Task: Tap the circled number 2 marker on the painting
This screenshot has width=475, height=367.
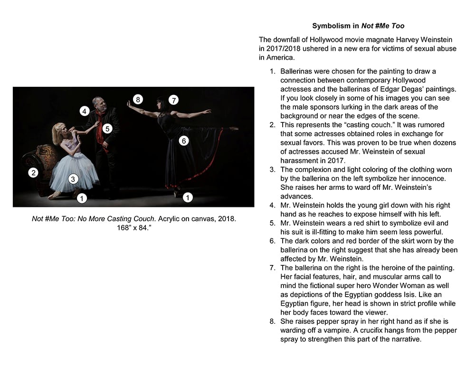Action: [x=33, y=173]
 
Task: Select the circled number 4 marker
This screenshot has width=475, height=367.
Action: [x=84, y=111]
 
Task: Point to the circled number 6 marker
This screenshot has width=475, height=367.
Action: [x=183, y=141]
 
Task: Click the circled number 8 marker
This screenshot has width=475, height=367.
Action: [x=138, y=99]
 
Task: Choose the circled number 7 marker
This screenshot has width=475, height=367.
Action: [x=174, y=100]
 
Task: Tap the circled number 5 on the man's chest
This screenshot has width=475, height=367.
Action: [x=107, y=128]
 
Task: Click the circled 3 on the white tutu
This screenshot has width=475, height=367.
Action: [x=73, y=179]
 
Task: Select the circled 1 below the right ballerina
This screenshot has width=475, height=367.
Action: [x=188, y=198]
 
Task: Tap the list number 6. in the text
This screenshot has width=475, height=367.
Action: [x=273, y=241]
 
